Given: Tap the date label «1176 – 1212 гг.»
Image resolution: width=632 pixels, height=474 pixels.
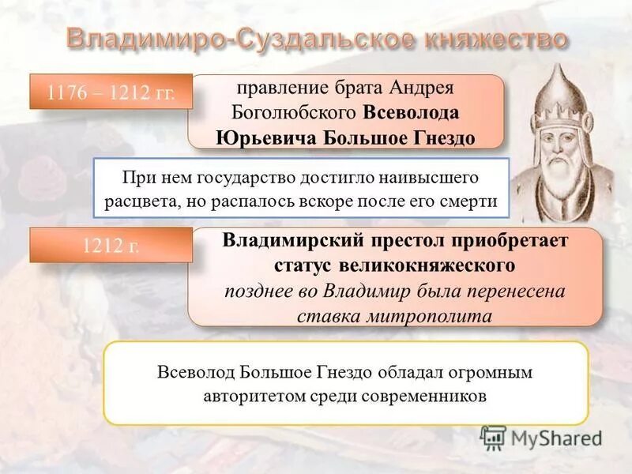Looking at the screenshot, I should point(111,92).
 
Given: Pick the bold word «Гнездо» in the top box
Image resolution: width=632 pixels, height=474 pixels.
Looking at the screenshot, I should point(434,137).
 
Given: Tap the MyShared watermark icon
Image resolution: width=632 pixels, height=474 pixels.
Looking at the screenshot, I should point(493,438).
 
